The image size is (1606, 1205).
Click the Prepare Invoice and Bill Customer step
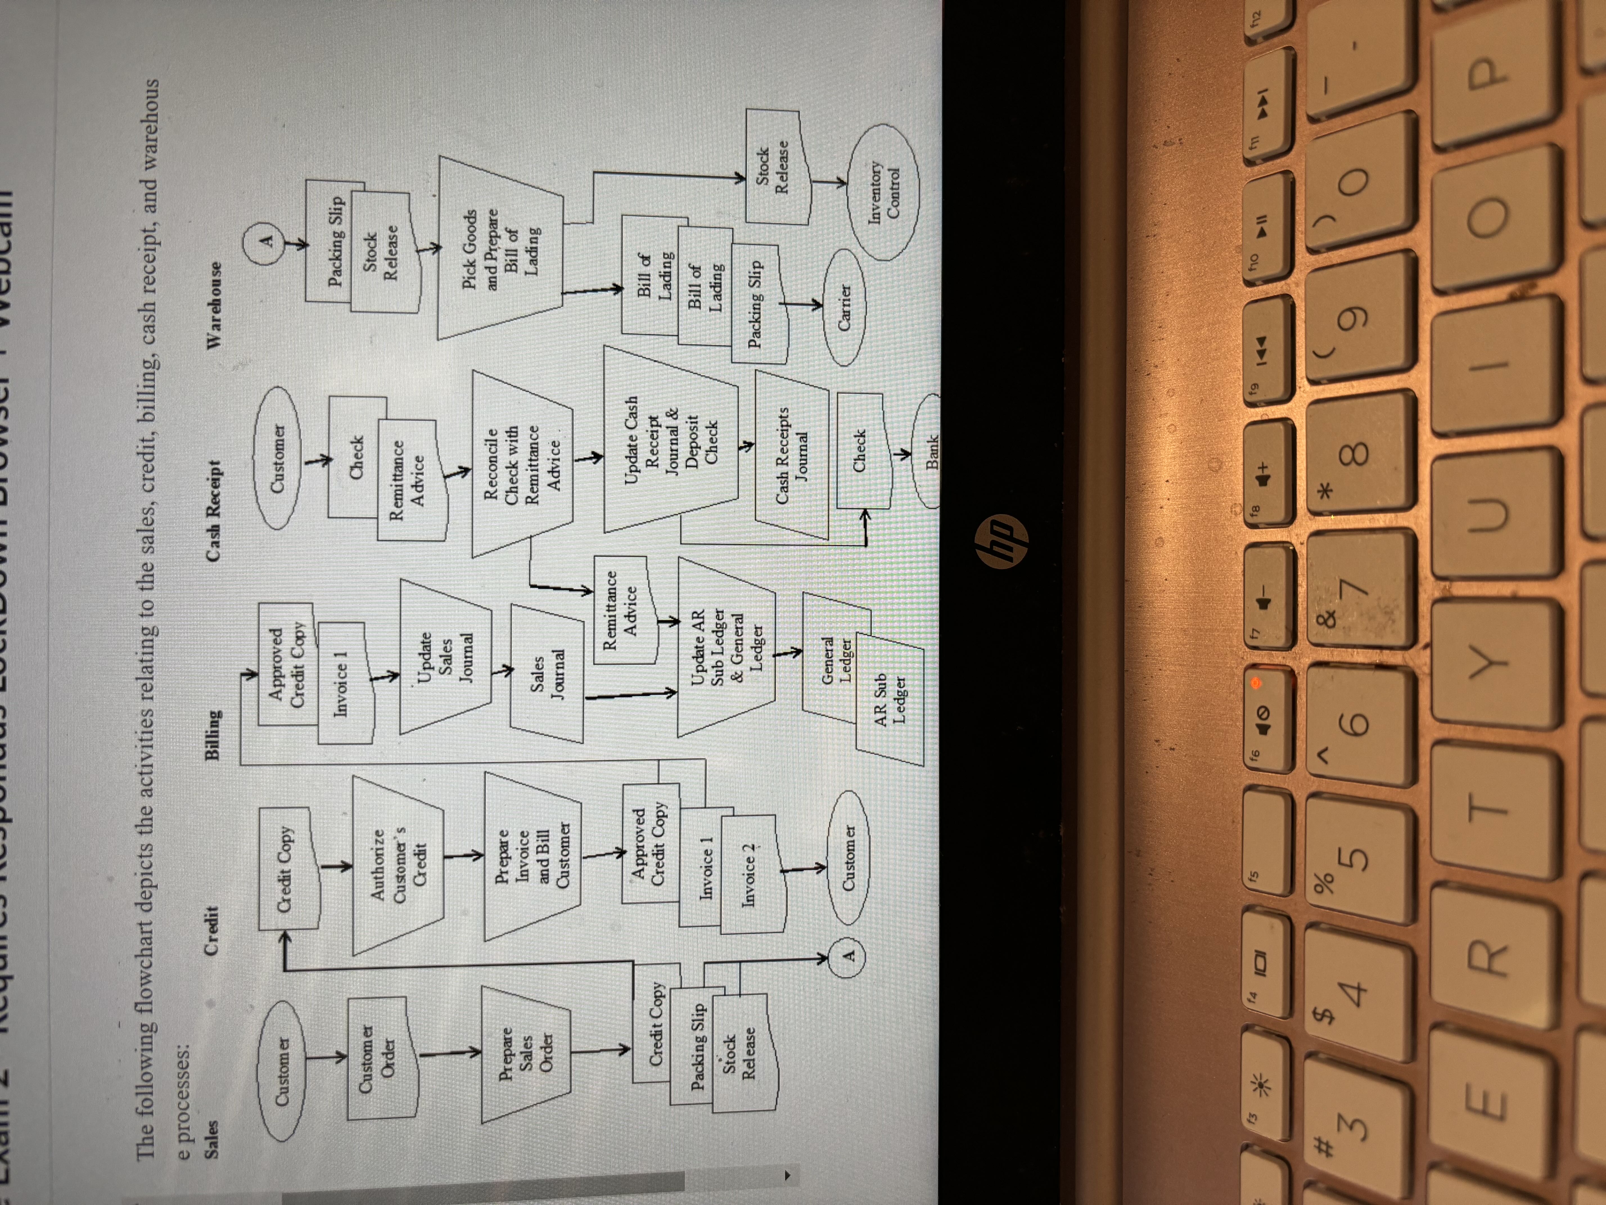(532, 857)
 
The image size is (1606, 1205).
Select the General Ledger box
(836, 660)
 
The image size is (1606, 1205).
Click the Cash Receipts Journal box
(791, 455)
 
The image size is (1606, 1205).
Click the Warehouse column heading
(215, 305)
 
